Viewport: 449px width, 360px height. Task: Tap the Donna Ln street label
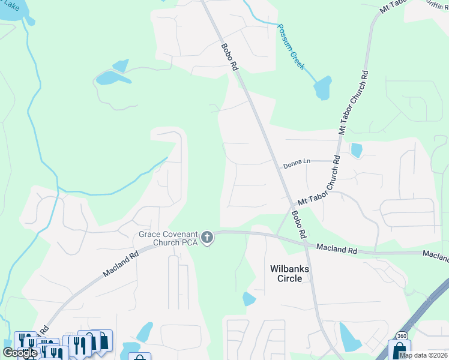pos(297,162)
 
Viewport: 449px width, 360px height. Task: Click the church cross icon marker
pos(207,238)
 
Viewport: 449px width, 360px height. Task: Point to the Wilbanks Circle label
pos(289,274)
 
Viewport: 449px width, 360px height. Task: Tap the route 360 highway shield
pos(401,336)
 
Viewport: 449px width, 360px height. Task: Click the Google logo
pos(19,353)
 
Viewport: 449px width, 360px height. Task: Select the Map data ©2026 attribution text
pos(423,355)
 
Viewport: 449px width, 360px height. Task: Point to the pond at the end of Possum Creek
pos(322,89)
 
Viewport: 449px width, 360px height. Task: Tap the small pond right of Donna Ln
pos(357,149)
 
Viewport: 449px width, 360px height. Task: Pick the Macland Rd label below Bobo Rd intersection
pos(337,248)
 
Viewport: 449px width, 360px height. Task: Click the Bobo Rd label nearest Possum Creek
pos(229,58)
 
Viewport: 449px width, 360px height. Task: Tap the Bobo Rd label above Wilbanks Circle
pos(299,223)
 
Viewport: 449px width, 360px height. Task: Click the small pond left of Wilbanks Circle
pos(249,299)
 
